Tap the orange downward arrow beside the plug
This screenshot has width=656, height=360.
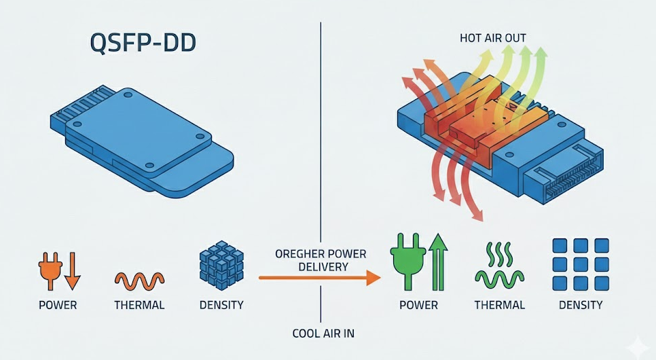(72, 270)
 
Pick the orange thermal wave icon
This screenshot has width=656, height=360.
(139, 279)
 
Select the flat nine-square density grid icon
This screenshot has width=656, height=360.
(580, 264)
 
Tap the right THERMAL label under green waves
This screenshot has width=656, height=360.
(500, 305)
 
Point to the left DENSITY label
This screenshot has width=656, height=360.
(221, 305)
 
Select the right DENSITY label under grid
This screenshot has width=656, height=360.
(581, 305)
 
